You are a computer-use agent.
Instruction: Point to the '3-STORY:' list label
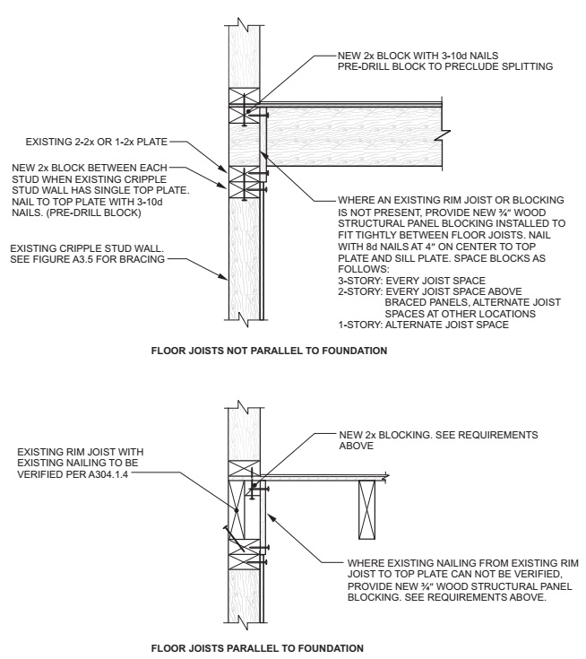click(x=357, y=281)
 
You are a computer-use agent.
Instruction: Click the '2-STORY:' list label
click(x=357, y=291)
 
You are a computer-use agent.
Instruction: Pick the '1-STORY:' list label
click(x=357, y=324)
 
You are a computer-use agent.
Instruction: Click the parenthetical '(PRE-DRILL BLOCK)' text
click(x=87, y=213)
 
